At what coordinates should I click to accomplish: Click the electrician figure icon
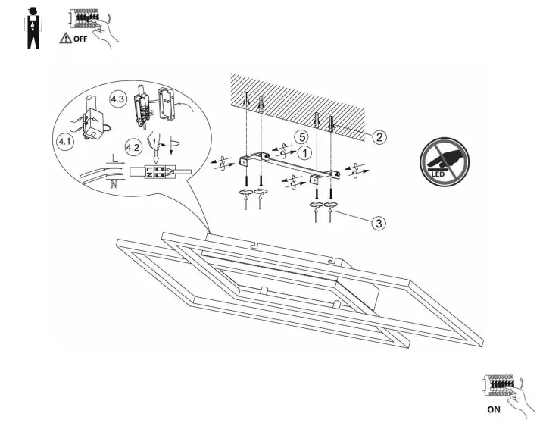[x=33, y=28]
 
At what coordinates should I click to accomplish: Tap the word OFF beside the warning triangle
[x=80, y=39]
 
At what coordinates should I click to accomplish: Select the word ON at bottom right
[x=494, y=409]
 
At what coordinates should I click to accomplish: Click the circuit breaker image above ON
[x=501, y=387]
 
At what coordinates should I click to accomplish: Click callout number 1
[x=304, y=152]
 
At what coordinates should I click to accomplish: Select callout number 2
[x=379, y=137]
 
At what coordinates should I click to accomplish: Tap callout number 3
[x=379, y=223]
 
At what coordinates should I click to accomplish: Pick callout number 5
[x=301, y=137]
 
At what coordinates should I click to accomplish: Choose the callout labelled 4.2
[x=133, y=147]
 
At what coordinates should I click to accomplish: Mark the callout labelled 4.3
[x=117, y=99]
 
